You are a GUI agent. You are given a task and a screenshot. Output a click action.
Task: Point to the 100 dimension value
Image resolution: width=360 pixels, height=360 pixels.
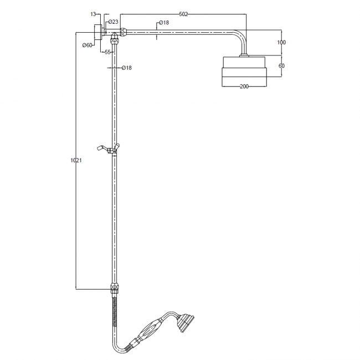pyautogui.click(x=281, y=43)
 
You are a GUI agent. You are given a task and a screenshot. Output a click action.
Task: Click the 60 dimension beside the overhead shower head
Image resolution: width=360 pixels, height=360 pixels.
pyautogui.click(x=281, y=66)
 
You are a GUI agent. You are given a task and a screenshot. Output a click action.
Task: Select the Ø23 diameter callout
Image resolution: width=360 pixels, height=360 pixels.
pyautogui.click(x=113, y=22)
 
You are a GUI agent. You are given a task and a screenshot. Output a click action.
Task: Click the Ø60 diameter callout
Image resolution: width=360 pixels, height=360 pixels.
pyautogui.click(x=87, y=45)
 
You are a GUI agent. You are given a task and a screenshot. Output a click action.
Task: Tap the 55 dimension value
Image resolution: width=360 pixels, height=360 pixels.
pyautogui.click(x=109, y=52)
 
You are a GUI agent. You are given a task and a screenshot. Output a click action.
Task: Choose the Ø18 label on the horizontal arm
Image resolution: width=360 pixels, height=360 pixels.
pyautogui.click(x=163, y=23)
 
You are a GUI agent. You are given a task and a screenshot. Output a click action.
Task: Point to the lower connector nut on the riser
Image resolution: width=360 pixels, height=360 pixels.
pyautogui.click(x=115, y=288)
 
